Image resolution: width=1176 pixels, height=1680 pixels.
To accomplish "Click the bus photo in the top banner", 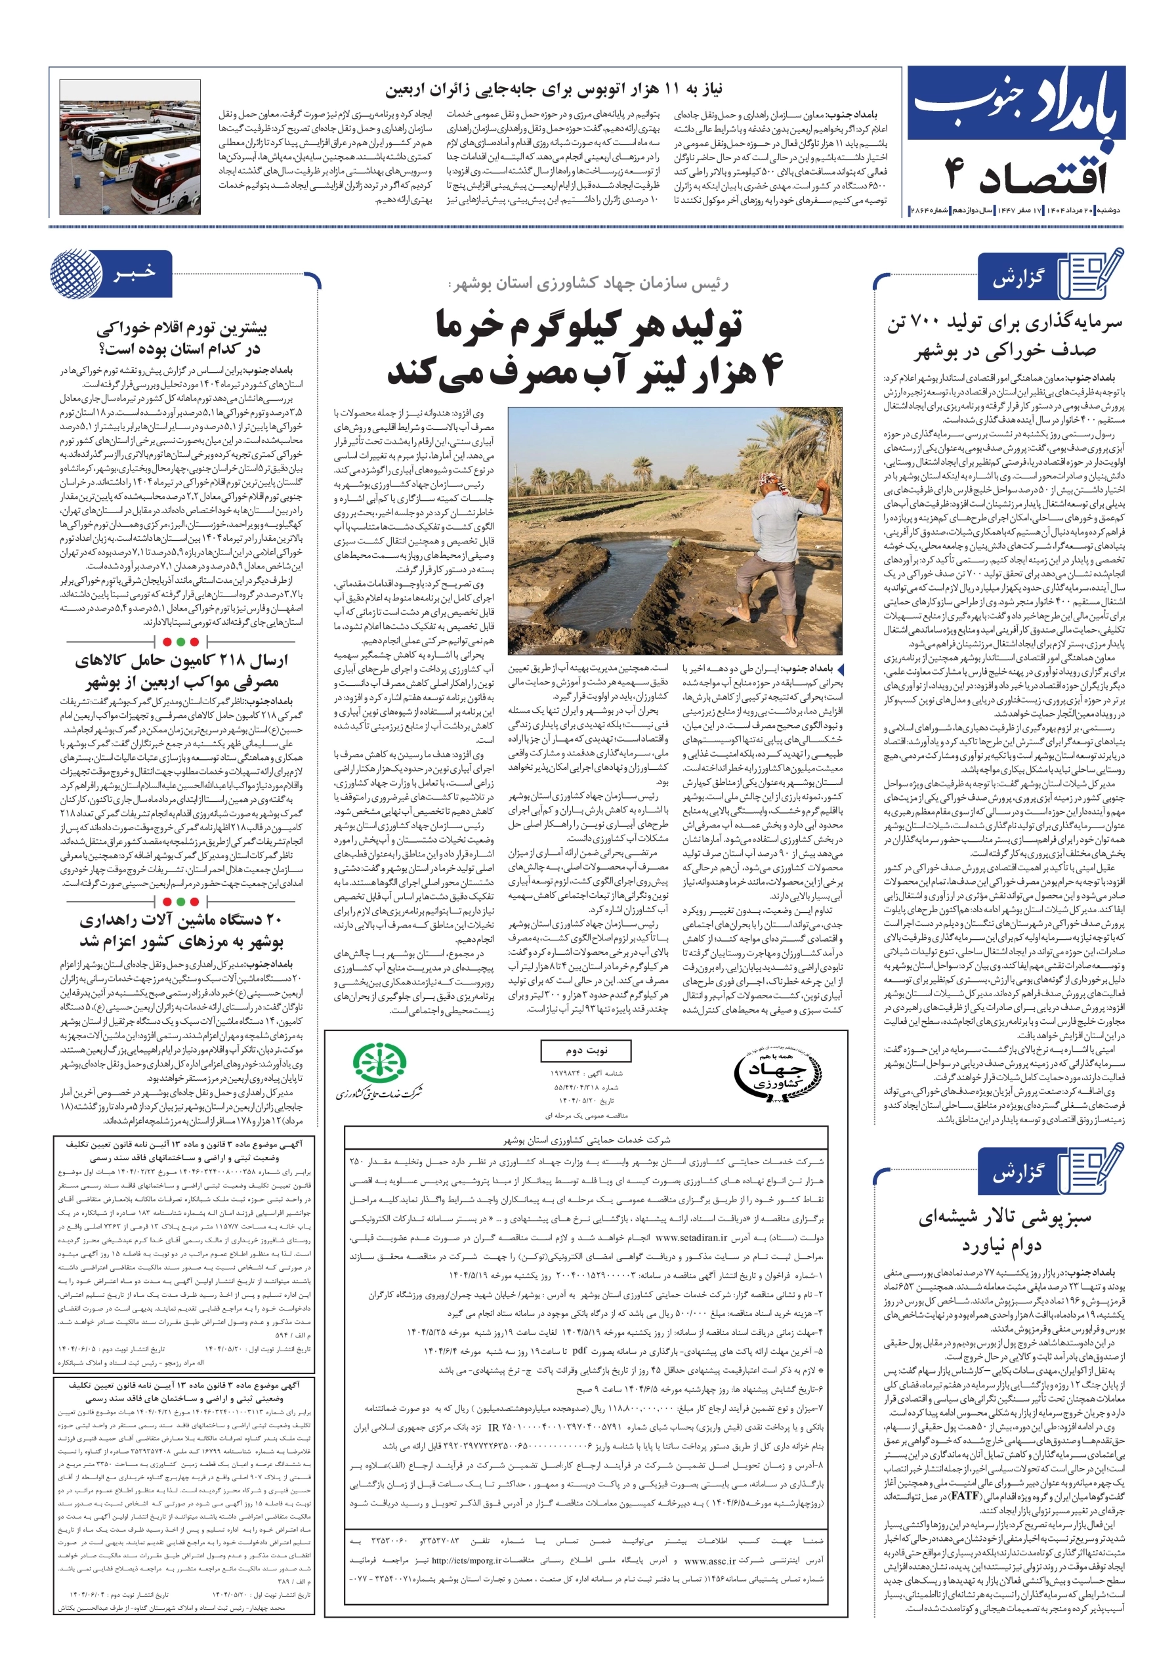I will point(129,146).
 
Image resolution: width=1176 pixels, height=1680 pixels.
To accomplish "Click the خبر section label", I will point(135,273).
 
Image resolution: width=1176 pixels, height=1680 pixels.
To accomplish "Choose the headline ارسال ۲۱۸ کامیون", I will point(182,671).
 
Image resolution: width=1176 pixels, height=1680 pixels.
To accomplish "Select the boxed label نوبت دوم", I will point(585,1050).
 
